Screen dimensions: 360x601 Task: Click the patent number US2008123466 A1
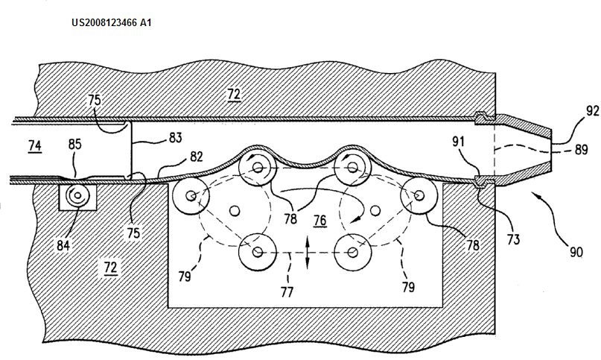point(112,22)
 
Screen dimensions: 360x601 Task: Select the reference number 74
point(35,148)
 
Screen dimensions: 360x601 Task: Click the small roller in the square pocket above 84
point(77,198)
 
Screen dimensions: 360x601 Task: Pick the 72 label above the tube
point(234,95)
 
